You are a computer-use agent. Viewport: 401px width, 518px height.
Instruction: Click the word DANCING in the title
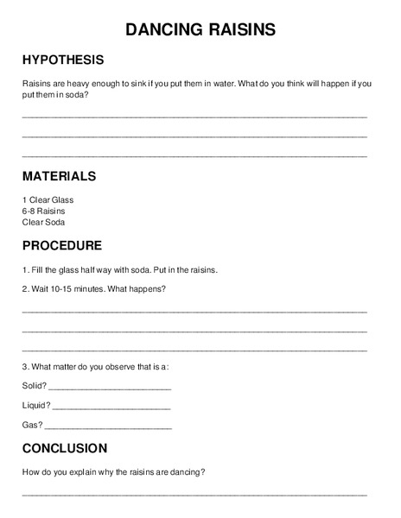pyautogui.click(x=164, y=30)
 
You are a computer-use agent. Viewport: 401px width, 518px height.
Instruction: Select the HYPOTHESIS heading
pyautogui.click(x=62, y=60)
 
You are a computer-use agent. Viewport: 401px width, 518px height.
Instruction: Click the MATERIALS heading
pyautogui.click(x=59, y=175)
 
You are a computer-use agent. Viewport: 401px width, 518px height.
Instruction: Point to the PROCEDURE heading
pyautogui.click(x=61, y=244)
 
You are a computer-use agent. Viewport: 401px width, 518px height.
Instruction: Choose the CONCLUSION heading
pyautogui.click(x=64, y=448)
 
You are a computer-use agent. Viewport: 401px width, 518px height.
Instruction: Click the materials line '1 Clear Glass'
pyautogui.click(x=48, y=199)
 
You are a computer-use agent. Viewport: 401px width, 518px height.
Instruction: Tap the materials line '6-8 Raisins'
pyautogui.click(x=43, y=211)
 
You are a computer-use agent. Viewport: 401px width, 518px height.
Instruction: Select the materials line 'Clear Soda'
pyautogui.click(x=43, y=222)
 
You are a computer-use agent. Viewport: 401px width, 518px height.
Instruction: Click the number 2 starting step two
pyautogui.click(x=24, y=288)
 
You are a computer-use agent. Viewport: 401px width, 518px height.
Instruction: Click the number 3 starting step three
pyautogui.click(x=24, y=366)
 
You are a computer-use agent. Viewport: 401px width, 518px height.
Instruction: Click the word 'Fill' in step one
pyautogui.click(x=38, y=268)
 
